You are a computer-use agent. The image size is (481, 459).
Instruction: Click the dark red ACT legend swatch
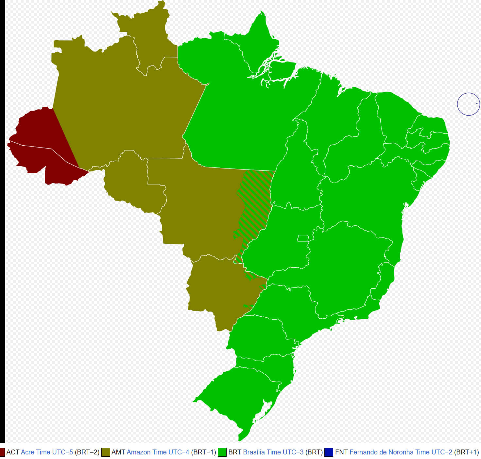point(2,452)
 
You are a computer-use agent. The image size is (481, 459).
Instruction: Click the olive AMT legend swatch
point(106,452)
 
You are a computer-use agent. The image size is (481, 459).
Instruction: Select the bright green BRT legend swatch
point(222,452)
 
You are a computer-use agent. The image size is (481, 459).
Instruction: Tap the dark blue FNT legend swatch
point(329,452)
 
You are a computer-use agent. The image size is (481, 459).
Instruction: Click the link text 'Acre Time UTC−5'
point(47,452)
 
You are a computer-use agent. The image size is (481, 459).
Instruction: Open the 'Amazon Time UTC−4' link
point(158,452)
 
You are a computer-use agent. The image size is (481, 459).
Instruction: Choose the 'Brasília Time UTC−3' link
point(273,452)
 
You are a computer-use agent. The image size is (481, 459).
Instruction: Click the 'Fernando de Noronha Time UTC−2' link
point(401,452)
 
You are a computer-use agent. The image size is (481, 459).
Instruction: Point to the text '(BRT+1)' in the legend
point(466,452)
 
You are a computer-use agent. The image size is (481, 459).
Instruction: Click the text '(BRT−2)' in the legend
point(87,452)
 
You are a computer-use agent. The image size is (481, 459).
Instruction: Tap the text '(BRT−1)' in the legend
point(203,452)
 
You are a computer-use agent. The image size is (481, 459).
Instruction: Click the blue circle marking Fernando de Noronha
point(468,104)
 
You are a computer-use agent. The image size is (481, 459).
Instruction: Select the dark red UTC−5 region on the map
point(36,144)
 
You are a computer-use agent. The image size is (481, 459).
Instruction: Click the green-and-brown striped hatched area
point(255,203)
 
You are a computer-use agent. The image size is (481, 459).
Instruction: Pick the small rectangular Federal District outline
point(303,238)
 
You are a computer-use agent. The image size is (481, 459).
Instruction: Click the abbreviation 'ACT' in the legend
point(13,452)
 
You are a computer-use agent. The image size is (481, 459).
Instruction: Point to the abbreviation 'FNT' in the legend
point(341,452)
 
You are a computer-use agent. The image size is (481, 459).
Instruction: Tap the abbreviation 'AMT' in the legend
point(118,452)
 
